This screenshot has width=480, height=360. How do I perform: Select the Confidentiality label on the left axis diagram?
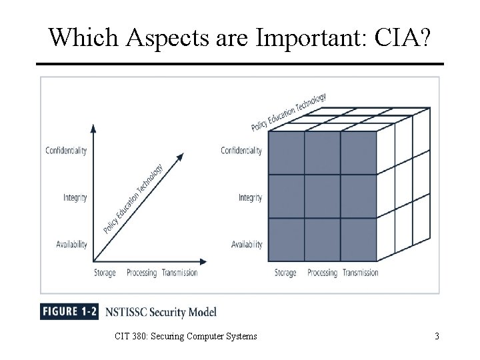click(x=65, y=151)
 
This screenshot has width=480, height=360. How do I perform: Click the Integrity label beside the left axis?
click(x=75, y=197)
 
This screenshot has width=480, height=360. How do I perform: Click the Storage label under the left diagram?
click(x=105, y=272)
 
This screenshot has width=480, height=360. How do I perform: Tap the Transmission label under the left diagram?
click(x=180, y=272)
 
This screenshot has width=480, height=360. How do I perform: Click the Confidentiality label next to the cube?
click(x=241, y=151)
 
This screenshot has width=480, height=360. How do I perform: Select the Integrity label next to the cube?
click(x=250, y=197)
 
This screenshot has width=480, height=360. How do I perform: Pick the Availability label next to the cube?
click(x=246, y=244)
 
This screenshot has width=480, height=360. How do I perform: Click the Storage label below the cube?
click(x=285, y=272)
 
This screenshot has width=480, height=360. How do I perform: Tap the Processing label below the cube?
click(x=322, y=272)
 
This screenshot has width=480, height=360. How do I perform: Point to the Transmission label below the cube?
click(x=361, y=272)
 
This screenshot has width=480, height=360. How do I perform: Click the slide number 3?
click(x=436, y=337)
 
